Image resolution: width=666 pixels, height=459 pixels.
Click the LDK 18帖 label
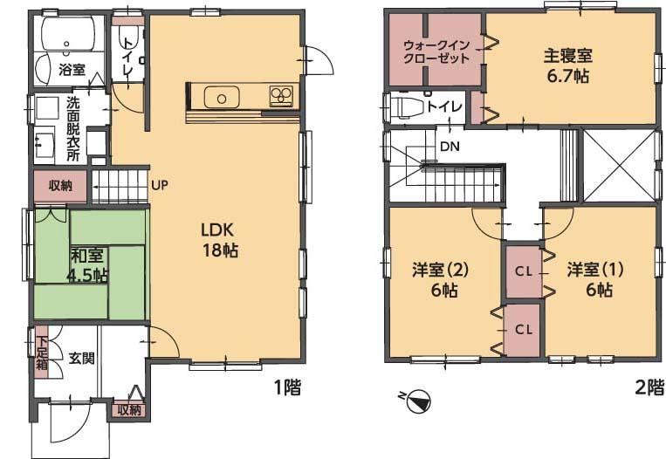click(x=219, y=241)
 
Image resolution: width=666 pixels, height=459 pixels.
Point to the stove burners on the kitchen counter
click(x=281, y=94)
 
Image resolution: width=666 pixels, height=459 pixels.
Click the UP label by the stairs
click(x=160, y=185)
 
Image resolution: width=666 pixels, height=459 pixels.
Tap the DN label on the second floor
click(x=450, y=147)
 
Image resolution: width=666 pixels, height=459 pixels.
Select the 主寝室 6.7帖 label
click(x=567, y=65)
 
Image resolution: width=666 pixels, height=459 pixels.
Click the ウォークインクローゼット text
click(x=436, y=51)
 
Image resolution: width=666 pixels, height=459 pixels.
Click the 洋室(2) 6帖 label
click(x=441, y=277)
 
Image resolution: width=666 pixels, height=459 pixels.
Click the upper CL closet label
click(x=523, y=271)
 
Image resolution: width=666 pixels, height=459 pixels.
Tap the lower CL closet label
click(x=523, y=329)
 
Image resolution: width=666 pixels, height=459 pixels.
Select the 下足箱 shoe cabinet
click(x=40, y=351)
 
